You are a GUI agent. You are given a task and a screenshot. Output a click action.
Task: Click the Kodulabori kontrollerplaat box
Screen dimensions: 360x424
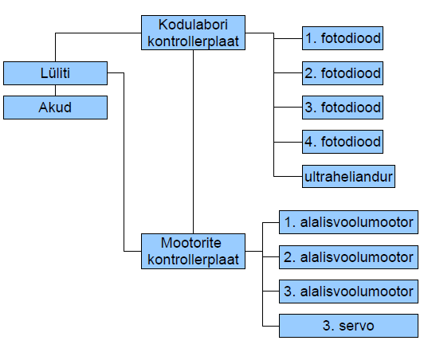coord(193,33)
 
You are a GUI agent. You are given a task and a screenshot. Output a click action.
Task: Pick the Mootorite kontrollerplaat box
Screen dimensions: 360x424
coord(193,251)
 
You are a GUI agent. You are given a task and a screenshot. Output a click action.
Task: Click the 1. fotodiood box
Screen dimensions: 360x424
coord(343,37)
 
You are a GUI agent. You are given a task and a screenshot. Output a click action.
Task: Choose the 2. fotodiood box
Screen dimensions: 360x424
coord(343,72)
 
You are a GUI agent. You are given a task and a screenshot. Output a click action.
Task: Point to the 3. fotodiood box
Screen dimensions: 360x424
coord(343,107)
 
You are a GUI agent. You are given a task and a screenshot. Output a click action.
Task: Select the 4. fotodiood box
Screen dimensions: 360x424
coord(343,141)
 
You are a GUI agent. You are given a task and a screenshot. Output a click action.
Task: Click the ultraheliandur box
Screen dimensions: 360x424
coord(349,176)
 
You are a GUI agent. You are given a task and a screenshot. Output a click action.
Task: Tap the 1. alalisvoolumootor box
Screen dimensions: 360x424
coord(348,223)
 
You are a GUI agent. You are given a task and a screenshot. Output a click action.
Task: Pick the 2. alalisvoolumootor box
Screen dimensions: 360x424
coord(348,257)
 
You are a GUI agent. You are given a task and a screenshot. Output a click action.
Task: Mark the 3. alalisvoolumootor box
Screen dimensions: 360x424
coord(348,291)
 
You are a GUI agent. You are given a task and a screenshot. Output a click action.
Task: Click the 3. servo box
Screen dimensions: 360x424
coord(348,325)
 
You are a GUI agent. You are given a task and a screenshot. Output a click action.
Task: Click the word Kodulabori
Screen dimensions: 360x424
coord(193,25)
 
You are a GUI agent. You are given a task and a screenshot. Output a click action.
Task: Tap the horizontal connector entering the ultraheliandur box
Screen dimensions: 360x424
coord(288,176)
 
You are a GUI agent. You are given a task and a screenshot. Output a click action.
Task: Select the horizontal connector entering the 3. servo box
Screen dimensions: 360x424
coord(270,325)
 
